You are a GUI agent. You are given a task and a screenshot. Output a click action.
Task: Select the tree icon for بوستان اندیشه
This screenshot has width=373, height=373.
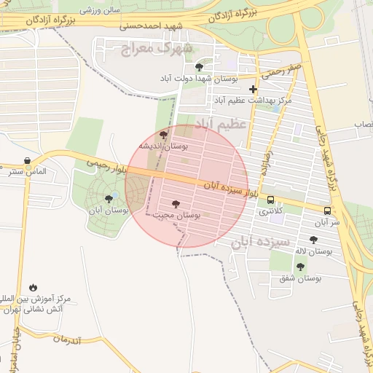[163, 135]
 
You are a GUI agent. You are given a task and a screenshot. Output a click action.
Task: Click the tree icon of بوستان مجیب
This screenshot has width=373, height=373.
[174, 204]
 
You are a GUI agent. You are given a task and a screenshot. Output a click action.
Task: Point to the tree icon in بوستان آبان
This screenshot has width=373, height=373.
[109, 198]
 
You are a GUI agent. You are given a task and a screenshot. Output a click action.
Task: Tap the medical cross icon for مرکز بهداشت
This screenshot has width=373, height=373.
[253, 89]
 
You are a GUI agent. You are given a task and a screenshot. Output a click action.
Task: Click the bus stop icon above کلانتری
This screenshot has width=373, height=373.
[271, 200]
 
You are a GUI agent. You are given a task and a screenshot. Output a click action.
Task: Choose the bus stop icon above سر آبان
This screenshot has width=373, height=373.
[327, 211]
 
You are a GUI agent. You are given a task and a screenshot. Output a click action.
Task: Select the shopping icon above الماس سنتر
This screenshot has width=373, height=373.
[27, 160]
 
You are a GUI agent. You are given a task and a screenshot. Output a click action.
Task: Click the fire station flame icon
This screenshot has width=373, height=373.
[33, 287]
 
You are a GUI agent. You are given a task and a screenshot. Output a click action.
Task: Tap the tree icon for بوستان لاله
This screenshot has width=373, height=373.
[313, 240]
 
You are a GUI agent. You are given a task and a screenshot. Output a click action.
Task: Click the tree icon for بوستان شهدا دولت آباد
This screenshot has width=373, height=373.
[199, 66]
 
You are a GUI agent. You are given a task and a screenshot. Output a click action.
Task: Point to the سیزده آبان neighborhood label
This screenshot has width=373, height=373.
[260, 241]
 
